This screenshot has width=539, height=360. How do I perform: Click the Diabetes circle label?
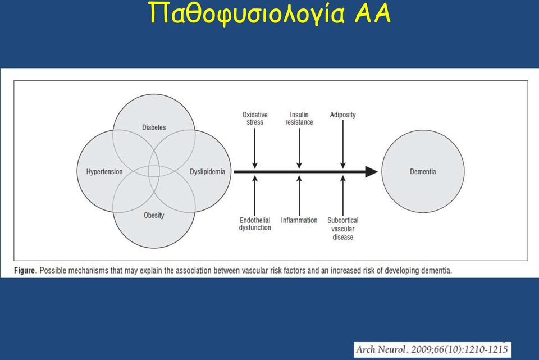pos(154,127)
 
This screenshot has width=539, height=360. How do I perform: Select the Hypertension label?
pos(104,172)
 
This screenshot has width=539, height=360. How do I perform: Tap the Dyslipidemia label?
pos(207,172)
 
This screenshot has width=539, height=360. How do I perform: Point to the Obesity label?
pos(154,215)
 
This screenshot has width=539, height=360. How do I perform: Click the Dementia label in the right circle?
pos(423,172)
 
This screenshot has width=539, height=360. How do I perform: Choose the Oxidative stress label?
pos(255,119)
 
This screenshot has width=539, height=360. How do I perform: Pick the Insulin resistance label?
pos(299,119)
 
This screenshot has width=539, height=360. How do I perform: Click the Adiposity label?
pos(342,115)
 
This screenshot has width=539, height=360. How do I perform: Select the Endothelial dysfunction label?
pos(255,224)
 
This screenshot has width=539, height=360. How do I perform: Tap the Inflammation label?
pos(299,220)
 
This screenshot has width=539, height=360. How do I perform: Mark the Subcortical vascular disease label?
pos(342,229)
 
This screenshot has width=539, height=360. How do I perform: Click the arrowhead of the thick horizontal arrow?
pos(372,172)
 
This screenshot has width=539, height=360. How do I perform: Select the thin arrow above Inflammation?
pos(299,195)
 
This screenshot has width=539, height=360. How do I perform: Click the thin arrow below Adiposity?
pos(342,144)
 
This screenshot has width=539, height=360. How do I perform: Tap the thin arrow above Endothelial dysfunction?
pos(255,195)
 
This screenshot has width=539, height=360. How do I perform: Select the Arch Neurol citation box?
pos(432,350)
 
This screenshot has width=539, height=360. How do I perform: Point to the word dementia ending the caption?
pos(437,271)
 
